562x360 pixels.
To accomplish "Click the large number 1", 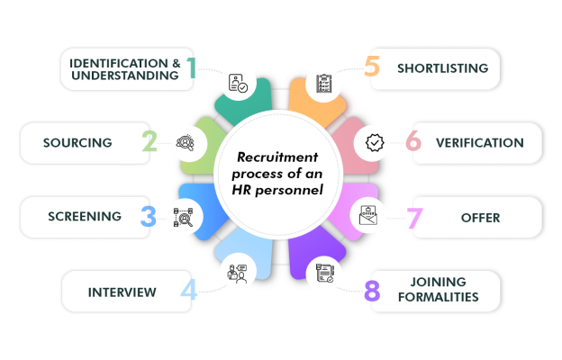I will click(x=192, y=67).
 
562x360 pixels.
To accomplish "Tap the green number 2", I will click(x=150, y=142).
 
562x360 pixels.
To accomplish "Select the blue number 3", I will click(x=149, y=216).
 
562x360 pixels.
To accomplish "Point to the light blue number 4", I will click(x=188, y=290).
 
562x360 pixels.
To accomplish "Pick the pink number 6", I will click(x=412, y=142).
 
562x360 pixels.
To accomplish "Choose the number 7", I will click(x=412, y=217).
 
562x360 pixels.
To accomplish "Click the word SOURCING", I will click(x=77, y=142).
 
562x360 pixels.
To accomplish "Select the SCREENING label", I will click(x=85, y=216).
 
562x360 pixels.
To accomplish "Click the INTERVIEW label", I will click(x=122, y=292).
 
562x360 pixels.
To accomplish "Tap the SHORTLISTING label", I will click(x=442, y=67).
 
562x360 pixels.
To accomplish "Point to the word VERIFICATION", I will click(x=479, y=142).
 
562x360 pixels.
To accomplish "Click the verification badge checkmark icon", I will click(x=373, y=142).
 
